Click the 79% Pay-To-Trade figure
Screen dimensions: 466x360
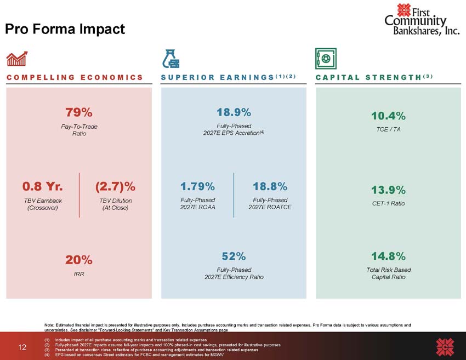(79, 112)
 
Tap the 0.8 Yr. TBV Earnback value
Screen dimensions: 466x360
(43, 186)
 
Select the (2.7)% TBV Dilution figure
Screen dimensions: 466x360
(115, 186)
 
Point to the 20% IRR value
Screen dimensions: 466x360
(79, 260)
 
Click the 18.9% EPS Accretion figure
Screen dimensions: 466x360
(234, 112)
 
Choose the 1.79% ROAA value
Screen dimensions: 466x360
(197, 186)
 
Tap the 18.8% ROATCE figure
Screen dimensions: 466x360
(270, 186)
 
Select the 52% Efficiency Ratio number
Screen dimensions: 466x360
(234, 256)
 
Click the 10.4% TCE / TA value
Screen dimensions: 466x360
(388, 116)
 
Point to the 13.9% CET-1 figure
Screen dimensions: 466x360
(388, 190)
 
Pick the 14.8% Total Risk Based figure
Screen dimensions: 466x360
(388, 256)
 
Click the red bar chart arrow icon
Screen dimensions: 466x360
(17, 59)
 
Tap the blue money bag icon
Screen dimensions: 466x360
(171, 59)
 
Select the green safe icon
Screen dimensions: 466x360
(326, 59)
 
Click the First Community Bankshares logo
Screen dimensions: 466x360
(422, 19)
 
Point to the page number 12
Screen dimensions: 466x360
(22, 347)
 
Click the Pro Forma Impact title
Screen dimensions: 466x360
(65, 29)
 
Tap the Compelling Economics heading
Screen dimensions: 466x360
(75, 77)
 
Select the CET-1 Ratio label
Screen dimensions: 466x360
(388, 203)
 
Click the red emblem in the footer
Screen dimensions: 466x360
(445, 347)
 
